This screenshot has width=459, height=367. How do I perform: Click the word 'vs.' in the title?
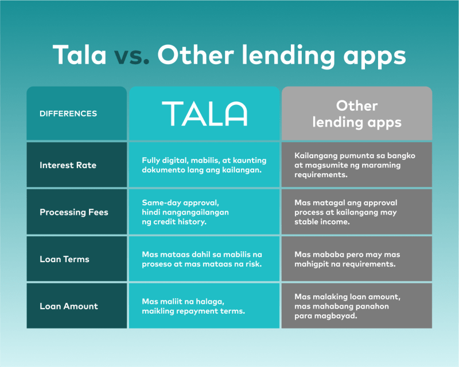click(x=131, y=55)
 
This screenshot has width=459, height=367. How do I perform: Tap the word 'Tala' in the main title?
click(x=79, y=54)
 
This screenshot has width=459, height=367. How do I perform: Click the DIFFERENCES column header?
click(x=68, y=114)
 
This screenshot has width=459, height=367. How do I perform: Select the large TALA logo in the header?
click(x=205, y=114)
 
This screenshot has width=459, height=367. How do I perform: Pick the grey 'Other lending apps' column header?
click(x=357, y=114)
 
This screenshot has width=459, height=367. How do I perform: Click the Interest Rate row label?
click(x=68, y=165)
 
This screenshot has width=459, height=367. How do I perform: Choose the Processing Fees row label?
click(x=74, y=212)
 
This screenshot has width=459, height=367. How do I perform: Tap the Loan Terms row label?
click(x=64, y=259)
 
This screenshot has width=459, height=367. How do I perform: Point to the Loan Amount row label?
click(x=69, y=306)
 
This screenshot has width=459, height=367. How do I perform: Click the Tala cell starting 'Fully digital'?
click(x=204, y=165)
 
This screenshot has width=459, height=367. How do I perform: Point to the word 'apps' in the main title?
click(x=375, y=57)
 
